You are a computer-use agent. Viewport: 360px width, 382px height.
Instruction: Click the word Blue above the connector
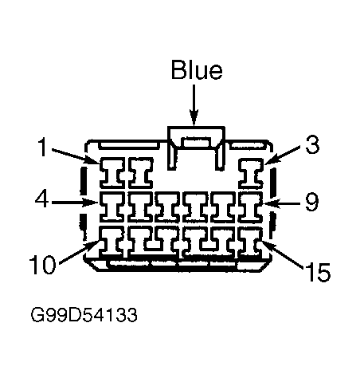(x=197, y=69)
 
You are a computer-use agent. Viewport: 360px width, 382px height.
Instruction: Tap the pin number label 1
(x=42, y=147)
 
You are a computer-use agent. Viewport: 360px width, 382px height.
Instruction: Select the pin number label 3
(x=312, y=145)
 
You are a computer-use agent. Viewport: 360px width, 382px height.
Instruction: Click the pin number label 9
(x=311, y=202)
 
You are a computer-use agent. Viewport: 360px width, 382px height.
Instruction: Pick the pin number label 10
(x=42, y=264)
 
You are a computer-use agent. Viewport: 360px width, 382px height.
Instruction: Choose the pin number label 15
(x=318, y=272)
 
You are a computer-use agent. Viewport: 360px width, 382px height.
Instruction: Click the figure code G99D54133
(x=84, y=315)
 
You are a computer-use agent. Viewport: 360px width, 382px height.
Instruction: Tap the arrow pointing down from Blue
(x=194, y=104)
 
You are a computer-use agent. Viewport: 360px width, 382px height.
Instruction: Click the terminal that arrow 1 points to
(x=112, y=173)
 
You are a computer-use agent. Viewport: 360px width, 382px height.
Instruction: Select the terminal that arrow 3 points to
(x=251, y=173)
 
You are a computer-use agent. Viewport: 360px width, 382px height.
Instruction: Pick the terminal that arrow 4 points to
(x=112, y=207)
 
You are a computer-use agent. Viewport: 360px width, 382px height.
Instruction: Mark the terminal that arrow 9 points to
(x=251, y=207)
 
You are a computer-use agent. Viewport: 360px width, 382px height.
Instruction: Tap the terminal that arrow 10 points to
(x=112, y=241)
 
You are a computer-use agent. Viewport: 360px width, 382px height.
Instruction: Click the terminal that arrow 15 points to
(x=250, y=241)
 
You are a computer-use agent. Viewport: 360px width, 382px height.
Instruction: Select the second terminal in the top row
(x=141, y=173)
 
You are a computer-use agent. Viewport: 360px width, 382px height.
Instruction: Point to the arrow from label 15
(x=282, y=254)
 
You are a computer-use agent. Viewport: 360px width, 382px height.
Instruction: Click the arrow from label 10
(x=80, y=252)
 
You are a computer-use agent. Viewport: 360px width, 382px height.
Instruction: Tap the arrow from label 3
(x=282, y=155)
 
